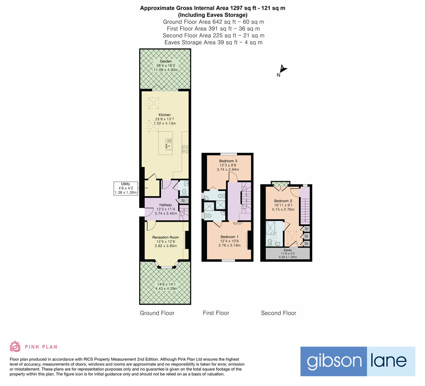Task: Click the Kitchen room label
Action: (x=165, y=115)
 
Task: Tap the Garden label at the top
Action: (x=166, y=61)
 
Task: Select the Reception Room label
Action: (x=166, y=237)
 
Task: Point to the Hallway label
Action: (x=166, y=205)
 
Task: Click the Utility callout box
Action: (x=125, y=188)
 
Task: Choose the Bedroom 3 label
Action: (x=228, y=161)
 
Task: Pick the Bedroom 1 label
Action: (x=229, y=237)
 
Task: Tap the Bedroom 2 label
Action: (x=283, y=201)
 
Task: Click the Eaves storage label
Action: (x=287, y=250)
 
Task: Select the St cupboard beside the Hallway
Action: (x=183, y=201)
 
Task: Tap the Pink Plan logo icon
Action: (x=15, y=347)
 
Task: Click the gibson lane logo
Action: (x=358, y=361)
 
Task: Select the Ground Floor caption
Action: (x=157, y=313)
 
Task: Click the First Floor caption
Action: (x=216, y=313)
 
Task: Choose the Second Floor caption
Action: (x=278, y=313)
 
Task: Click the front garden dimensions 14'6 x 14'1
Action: (x=166, y=284)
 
